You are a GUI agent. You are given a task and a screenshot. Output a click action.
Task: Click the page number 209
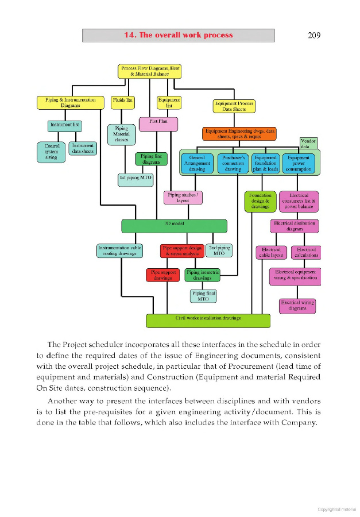click(x=313, y=35)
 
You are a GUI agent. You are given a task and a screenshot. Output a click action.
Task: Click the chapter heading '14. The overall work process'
click(x=179, y=35)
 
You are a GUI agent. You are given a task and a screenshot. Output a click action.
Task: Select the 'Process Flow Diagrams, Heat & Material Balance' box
click(x=151, y=71)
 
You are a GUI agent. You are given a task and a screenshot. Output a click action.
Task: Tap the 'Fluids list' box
click(x=123, y=102)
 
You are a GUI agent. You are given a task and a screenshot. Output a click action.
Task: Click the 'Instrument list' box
click(x=65, y=125)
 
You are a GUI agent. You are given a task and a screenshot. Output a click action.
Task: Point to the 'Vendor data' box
click(x=308, y=144)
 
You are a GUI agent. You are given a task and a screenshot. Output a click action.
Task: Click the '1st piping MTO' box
click(x=136, y=178)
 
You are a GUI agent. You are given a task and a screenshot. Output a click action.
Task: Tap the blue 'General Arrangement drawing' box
click(x=197, y=164)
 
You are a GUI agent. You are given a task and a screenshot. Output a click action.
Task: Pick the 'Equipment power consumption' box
click(x=298, y=164)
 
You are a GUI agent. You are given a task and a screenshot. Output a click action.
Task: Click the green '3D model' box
click(x=174, y=225)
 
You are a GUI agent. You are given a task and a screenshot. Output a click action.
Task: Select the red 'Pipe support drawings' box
click(x=163, y=275)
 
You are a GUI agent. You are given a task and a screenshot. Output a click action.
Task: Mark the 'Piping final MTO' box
click(x=203, y=296)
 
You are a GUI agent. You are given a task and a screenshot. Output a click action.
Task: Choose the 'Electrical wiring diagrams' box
click(x=297, y=305)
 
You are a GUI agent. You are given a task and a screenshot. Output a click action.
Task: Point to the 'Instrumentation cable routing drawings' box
click(x=119, y=250)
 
